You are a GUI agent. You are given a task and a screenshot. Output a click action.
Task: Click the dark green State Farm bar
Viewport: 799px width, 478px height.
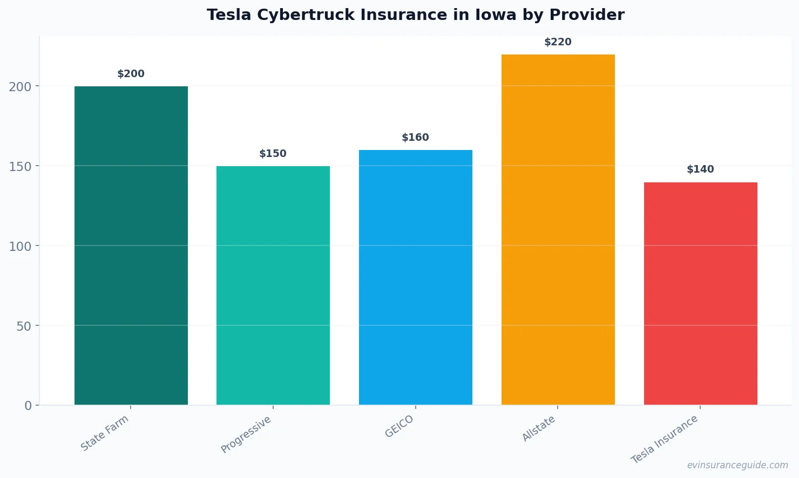pyautogui.click(x=131, y=245)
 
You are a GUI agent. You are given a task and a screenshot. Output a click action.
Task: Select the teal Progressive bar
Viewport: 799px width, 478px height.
pyautogui.click(x=273, y=285)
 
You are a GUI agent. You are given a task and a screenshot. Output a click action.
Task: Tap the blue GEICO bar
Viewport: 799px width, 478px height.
pyautogui.click(x=416, y=277)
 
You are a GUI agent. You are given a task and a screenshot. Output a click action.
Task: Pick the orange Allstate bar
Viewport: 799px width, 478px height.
pyautogui.click(x=558, y=229)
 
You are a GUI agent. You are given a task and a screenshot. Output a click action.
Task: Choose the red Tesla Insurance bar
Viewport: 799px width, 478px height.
pyautogui.click(x=700, y=293)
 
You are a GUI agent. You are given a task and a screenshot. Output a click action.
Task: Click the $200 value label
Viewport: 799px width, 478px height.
pyautogui.click(x=131, y=74)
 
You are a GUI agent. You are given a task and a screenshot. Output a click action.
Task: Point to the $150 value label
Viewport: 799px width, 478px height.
pyautogui.click(x=273, y=154)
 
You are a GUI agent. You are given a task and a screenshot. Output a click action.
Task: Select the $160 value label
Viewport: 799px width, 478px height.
pyautogui.click(x=416, y=138)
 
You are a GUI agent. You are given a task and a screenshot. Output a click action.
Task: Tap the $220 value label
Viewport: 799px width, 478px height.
pyautogui.click(x=558, y=42)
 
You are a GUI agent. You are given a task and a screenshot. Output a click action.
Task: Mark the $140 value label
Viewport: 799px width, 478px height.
pyautogui.click(x=700, y=169)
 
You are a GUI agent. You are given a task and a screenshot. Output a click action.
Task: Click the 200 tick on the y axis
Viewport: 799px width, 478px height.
pyautogui.click(x=20, y=86)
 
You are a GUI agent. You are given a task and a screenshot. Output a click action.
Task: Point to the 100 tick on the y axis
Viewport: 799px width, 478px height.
pyautogui.click(x=20, y=246)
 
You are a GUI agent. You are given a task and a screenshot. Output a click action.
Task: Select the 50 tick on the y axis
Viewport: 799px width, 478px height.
pyautogui.click(x=24, y=326)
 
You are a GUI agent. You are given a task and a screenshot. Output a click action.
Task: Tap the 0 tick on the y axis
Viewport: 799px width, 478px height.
pyautogui.click(x=28, y=406)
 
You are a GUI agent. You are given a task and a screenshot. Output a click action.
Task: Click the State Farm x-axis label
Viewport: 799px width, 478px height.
pyautogui.click(x=105, y=433)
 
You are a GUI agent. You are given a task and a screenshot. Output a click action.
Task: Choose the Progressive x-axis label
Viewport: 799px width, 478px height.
pyautogui.click(x=246, y=435)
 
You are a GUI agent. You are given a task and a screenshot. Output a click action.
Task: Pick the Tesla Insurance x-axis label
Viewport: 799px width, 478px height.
pyautogui.click(x=665, y=439)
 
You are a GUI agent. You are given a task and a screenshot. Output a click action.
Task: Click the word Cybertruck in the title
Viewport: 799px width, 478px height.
pyautogui.click(x=306, y=15)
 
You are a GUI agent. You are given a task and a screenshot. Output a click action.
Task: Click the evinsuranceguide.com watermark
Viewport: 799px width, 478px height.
pyautogui.click(x=737, y=465)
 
